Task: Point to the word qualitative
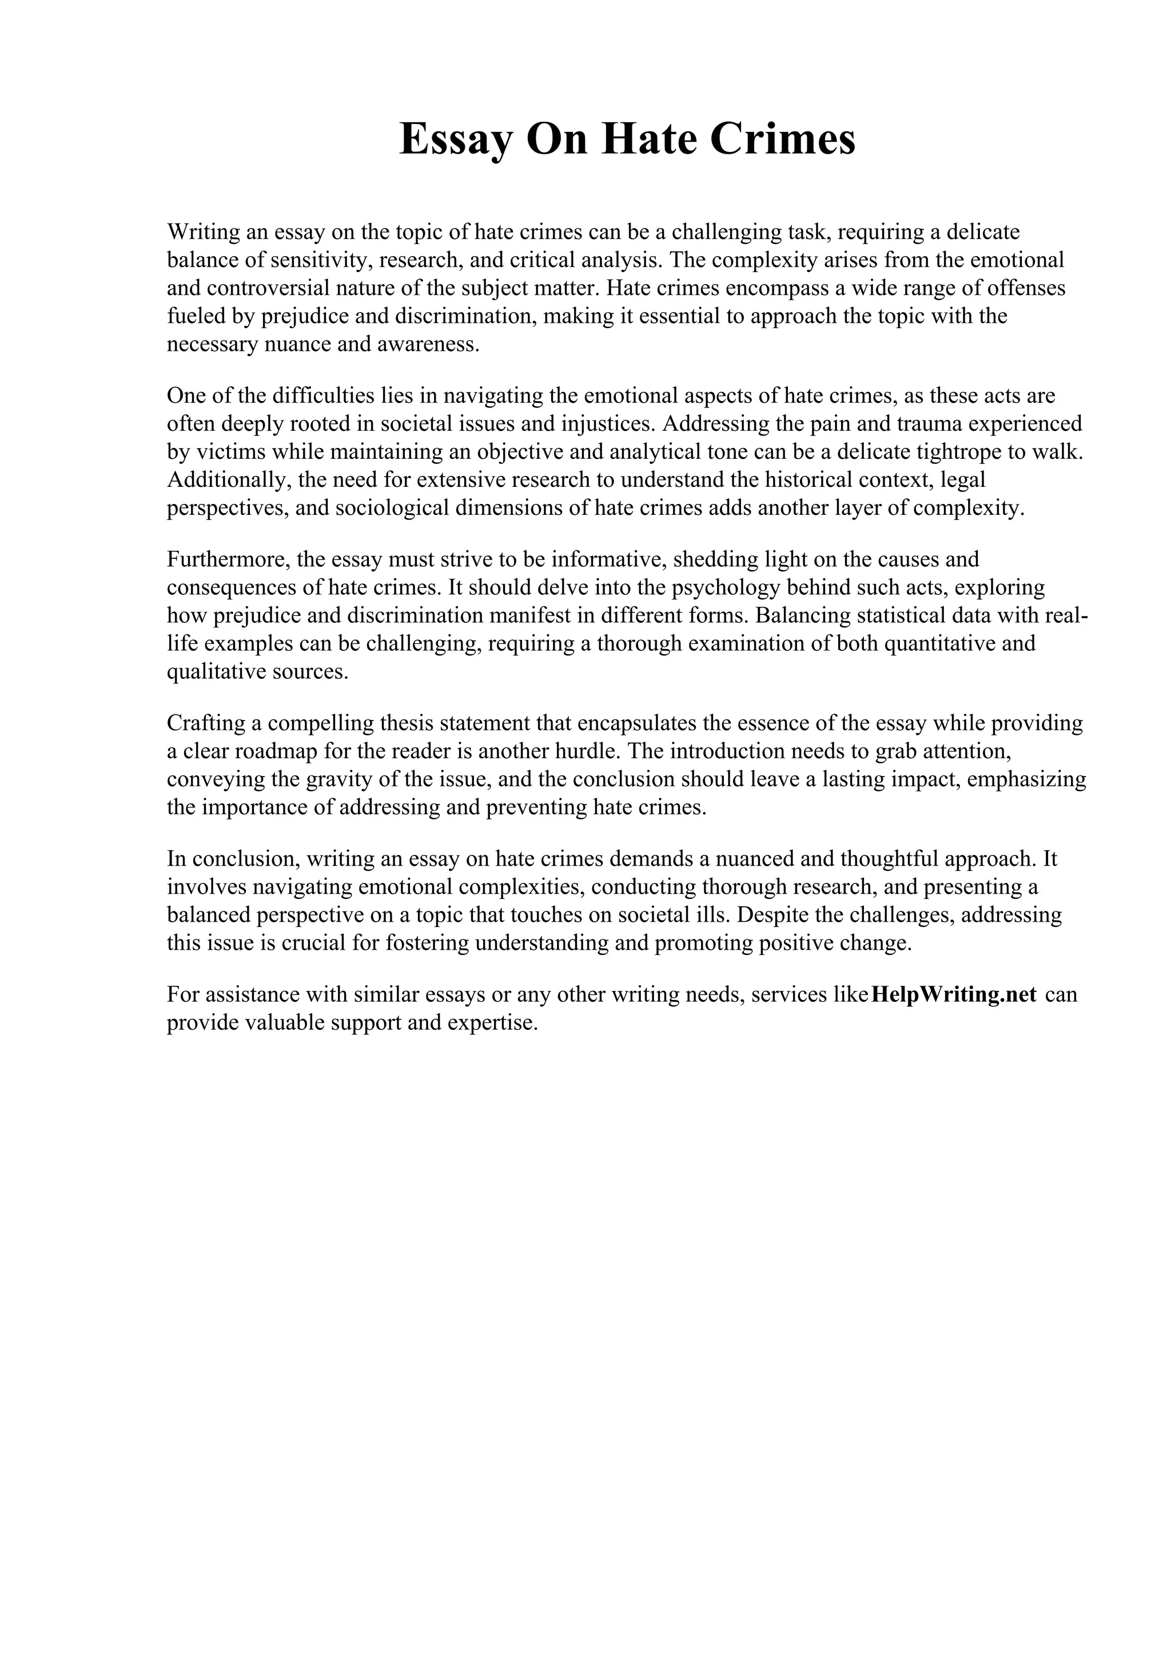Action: (214, 671)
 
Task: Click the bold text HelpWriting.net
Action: (954, 995)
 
